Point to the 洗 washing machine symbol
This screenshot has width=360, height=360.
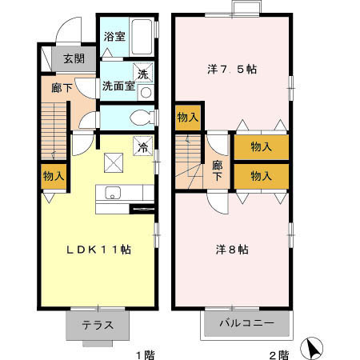(x=142, y=74)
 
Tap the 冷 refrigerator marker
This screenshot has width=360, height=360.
(x=142, y=147)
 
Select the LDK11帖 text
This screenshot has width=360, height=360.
(x=98, y=249)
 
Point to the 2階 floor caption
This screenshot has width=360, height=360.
(x=278, y=353)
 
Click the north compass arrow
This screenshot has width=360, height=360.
(x=310, y=348)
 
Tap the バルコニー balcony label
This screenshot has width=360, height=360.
(x=248, y=325)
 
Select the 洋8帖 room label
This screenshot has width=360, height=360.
(x=232, y=249)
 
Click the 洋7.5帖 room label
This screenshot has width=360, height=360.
(x=233, y=70)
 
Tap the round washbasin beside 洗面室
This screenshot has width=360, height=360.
(x=145, y=91)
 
